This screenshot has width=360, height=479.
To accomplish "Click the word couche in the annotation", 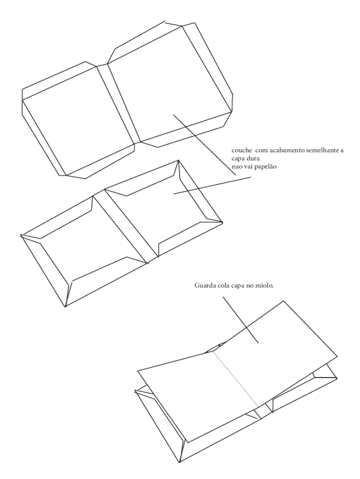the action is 242,151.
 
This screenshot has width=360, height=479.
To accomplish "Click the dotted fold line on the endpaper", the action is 237,379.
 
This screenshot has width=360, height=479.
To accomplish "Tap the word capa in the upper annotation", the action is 238,160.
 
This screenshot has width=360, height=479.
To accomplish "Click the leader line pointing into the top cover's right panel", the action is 205,145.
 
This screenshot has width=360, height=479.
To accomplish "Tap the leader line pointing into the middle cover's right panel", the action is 212,185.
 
